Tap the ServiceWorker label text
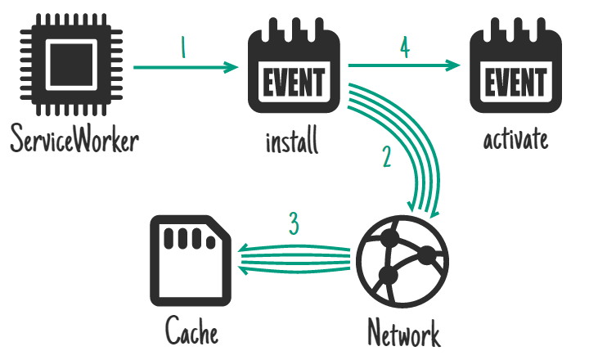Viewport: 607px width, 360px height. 74,140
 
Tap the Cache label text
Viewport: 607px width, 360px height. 192,332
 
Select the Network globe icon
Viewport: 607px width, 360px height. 397,261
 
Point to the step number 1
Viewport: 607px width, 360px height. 182,48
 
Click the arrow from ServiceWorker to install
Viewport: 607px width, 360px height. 184,69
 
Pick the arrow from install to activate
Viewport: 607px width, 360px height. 403,67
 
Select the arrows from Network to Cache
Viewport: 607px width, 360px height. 295,259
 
